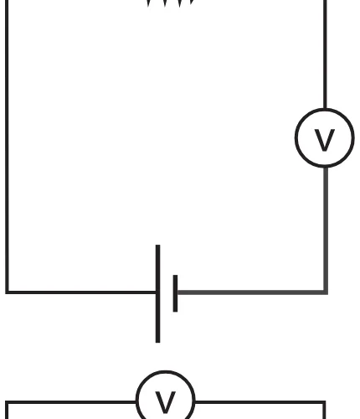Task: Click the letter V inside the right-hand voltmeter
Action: click(x=325, y=140)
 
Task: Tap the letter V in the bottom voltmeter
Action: click(x=166, y=402)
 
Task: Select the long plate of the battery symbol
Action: click(x=157, y=293)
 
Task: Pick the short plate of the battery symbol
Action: click(x=175, y=293)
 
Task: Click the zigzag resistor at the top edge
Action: click(x=170, y=3)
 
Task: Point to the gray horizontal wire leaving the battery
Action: click(x=251, y=292)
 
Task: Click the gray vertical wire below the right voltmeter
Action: click(x=326, y=229)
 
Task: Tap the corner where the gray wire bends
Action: click(x=326, y=292)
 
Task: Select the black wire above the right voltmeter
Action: click(x=325, y=54)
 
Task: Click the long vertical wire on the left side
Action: click(x=7, y=147)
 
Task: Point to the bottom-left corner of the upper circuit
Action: click(x=7, y=292)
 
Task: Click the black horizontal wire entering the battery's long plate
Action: click(x=81, y=292)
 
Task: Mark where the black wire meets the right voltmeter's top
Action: click(x=325, y=109)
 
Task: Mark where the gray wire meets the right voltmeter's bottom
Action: click(x=326, y=168)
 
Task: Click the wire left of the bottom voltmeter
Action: click(x=70, y=402)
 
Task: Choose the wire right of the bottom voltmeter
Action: click(x=260, y=402)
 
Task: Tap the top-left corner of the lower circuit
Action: click(x=7, y=402)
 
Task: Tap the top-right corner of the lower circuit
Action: click(x=324, y=402)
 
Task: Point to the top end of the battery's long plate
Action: click(x=157, y=245)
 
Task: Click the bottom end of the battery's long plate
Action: click(x=157, y=343)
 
